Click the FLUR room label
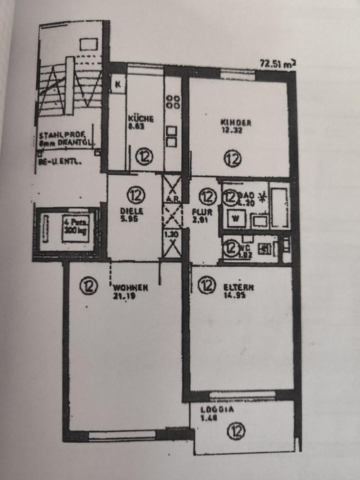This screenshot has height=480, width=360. tap(202, 211)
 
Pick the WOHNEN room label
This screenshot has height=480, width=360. tap(130, 287)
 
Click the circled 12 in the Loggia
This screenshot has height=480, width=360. tap(235, 430)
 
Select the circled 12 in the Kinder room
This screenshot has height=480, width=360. tap(232, 159)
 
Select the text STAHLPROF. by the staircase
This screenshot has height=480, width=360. tap(54, 135)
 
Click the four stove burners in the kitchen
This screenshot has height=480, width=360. tap(173, 101)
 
